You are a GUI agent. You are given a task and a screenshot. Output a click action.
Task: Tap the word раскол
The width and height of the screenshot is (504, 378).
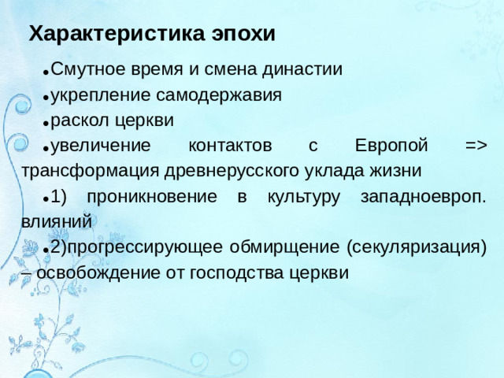[x=78, y=120]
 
